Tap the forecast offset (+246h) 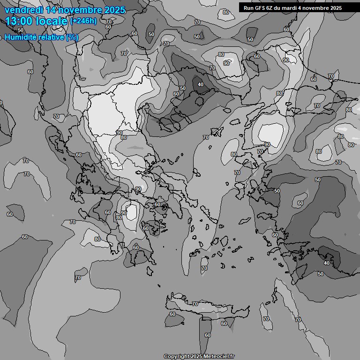pos(83,21)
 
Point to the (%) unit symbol pos(72,37)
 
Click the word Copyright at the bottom pos(177,356)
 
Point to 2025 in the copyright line pos(197,356)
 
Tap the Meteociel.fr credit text pos(219,356)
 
